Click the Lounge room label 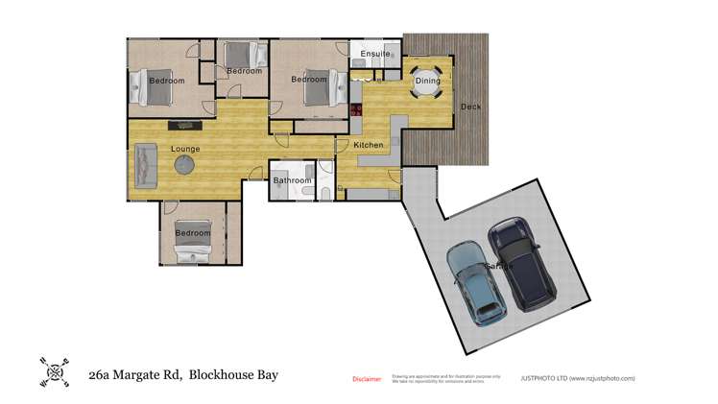pyautogui.click(x=185, y=149)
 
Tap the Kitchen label pyautogui.click(x=369, y=145)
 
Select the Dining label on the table pyautogui.click(x=427, y=81)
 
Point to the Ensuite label pyautogui.click(x=374, y=54)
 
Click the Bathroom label pyautogui.click(x=292, y=180)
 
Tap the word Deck pyautogui.click(x=470, y=107)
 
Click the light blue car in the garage pyautogui.click(x=477, y=281)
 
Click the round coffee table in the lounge pyautogui.click(x=183, y=166)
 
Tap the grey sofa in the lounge pyautogui.click(x=146, y=165)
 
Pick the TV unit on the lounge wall pyautogui.click(x=181, y=126)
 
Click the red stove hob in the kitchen pyautogui.click(x=354, y=109)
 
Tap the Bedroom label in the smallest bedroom pyautogui.click(x=244, y=71)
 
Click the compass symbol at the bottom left pyautogui.click(x=53, y=372)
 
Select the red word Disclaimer pyautogui.click(x=367, y=379)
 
